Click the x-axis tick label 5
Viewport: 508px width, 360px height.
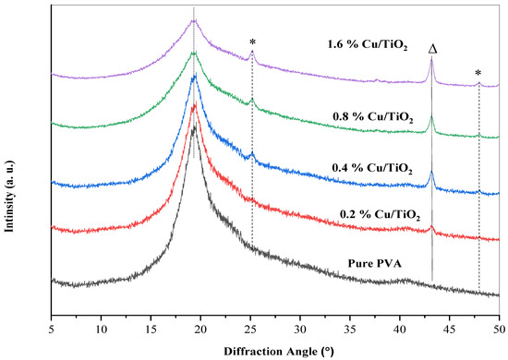52,328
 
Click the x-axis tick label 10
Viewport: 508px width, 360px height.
102,328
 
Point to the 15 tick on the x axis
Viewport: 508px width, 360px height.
151,328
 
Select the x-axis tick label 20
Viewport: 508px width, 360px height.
201,328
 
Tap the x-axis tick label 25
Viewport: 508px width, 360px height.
251,328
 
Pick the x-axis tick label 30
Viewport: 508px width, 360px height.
300,328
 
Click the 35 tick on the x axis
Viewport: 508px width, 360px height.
350,328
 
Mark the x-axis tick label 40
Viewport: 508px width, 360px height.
400,328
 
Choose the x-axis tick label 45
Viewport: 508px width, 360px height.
450,328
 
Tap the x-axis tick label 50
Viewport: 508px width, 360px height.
499,328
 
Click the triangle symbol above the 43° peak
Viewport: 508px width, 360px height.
431,47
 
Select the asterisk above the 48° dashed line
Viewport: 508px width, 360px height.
478,73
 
